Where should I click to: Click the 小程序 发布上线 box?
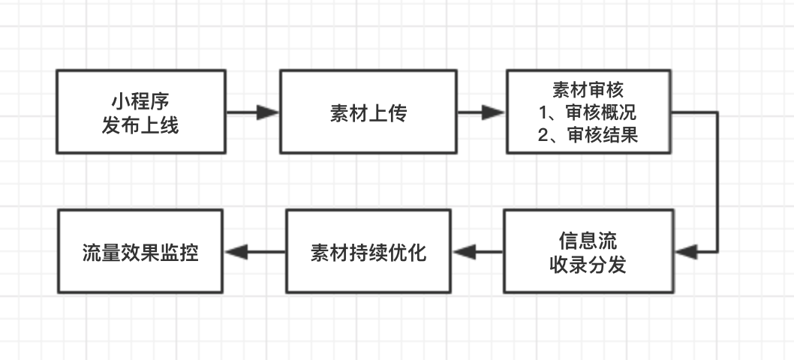tap(141, 112)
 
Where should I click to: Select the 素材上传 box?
tap(368, 112)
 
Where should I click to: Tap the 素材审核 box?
tap(588, 112)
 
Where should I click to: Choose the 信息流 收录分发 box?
tap(588, 251)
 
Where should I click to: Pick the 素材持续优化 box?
tap(368, 251)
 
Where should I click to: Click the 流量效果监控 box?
tap(141, 251)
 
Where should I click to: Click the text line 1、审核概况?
tap(588, 112)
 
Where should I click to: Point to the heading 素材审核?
tap(588, 90)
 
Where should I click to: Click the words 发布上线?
tap(141, 124)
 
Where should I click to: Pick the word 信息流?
tap(588, 241)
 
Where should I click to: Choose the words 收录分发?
tap(588, 264)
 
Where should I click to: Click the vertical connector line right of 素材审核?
tap(717, 180)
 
